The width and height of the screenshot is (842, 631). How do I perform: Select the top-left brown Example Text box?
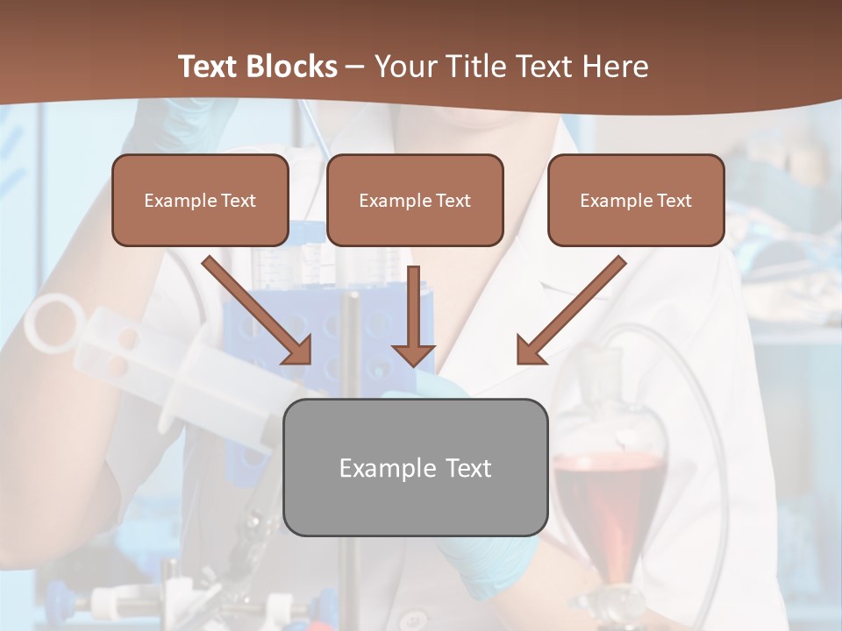pos(200,200)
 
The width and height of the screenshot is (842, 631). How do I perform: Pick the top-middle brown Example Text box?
pos(415,200)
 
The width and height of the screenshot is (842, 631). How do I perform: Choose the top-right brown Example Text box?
pos(636,200)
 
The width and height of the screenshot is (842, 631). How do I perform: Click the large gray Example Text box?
pos(416,467)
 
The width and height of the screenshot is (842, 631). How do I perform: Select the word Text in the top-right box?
pos(673,201)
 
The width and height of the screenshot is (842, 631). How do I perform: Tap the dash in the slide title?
pos(355,67)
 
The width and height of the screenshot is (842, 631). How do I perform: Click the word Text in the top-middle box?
pos(452,201)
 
